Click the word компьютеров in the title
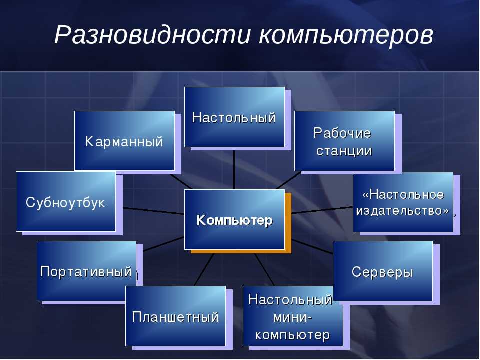pyautogui.click(x=346, y=35)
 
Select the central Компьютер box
pyautogui.click(x=234, y=219)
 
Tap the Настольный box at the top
pyautogui.click(x=234, y=117)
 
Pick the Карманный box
pyautogui.click(x=124, y=141)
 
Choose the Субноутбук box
pyautogui.click(x=66, y=201)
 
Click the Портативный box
pyautogui.click(x=86, y=271)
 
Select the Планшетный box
pyautogui.click(x=175, y=316)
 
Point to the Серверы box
pyautogui.click(x=383, y=271)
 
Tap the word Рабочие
pyautogui.click(x=342, y=133)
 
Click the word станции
pyautogui.click(x=344, y=151)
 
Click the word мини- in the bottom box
pyautogui.click(x=293, y=318)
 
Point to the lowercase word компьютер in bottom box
pyautogui.click(x=292, y=335)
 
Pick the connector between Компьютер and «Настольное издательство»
pyautogui.click(x=322, y=210)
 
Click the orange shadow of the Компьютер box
pyautogui.click(x=288, y=223)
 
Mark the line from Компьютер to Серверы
pyautogui.click(x=312, y=246)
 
